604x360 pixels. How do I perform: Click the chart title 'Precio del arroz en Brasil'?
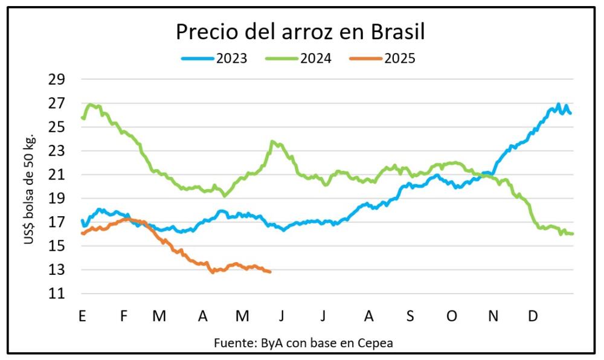[x=300, y=32]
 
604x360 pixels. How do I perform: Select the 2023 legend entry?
[x=214, y=59]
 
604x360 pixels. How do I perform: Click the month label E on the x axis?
[x=82, y=316]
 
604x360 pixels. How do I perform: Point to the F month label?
[x=124, y=316]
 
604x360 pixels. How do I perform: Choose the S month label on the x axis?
[x=410, y=316]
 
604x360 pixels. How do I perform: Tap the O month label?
[x=451, y=316]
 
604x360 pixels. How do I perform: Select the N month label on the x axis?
[x=493, y=316]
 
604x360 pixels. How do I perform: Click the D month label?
[x=533, y=316]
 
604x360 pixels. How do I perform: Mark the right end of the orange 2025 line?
[x=269, y=272]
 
